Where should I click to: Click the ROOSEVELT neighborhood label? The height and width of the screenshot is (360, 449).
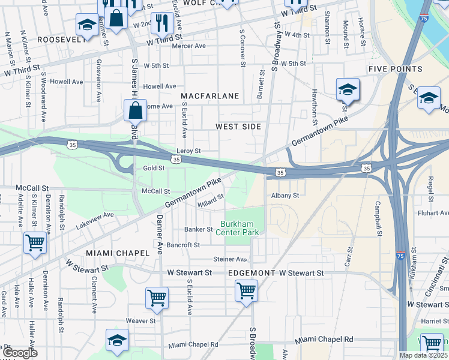tap(61, 39)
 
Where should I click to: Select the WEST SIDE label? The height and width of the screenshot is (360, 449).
tap(239, 127)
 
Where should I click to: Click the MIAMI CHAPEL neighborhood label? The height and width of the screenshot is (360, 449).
tap(117, 253)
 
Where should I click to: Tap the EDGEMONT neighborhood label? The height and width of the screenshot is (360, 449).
tap(252, 273)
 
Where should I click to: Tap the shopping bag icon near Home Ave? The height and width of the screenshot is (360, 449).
tap(135, 110)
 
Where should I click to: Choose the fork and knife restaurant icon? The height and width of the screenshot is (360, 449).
tap(161, 23)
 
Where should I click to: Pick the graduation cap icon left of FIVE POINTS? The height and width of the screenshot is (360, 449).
tap(348, 89)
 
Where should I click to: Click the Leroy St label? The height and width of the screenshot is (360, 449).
tap(188, 151)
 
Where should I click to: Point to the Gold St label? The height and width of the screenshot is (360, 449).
tap(154, 169)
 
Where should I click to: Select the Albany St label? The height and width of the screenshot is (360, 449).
tap(285, 196)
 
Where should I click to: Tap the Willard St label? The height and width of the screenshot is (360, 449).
tap(211, 199)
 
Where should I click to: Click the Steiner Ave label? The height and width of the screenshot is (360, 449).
tap(230, 259)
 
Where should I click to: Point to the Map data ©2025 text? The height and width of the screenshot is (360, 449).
tap(423, 355)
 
